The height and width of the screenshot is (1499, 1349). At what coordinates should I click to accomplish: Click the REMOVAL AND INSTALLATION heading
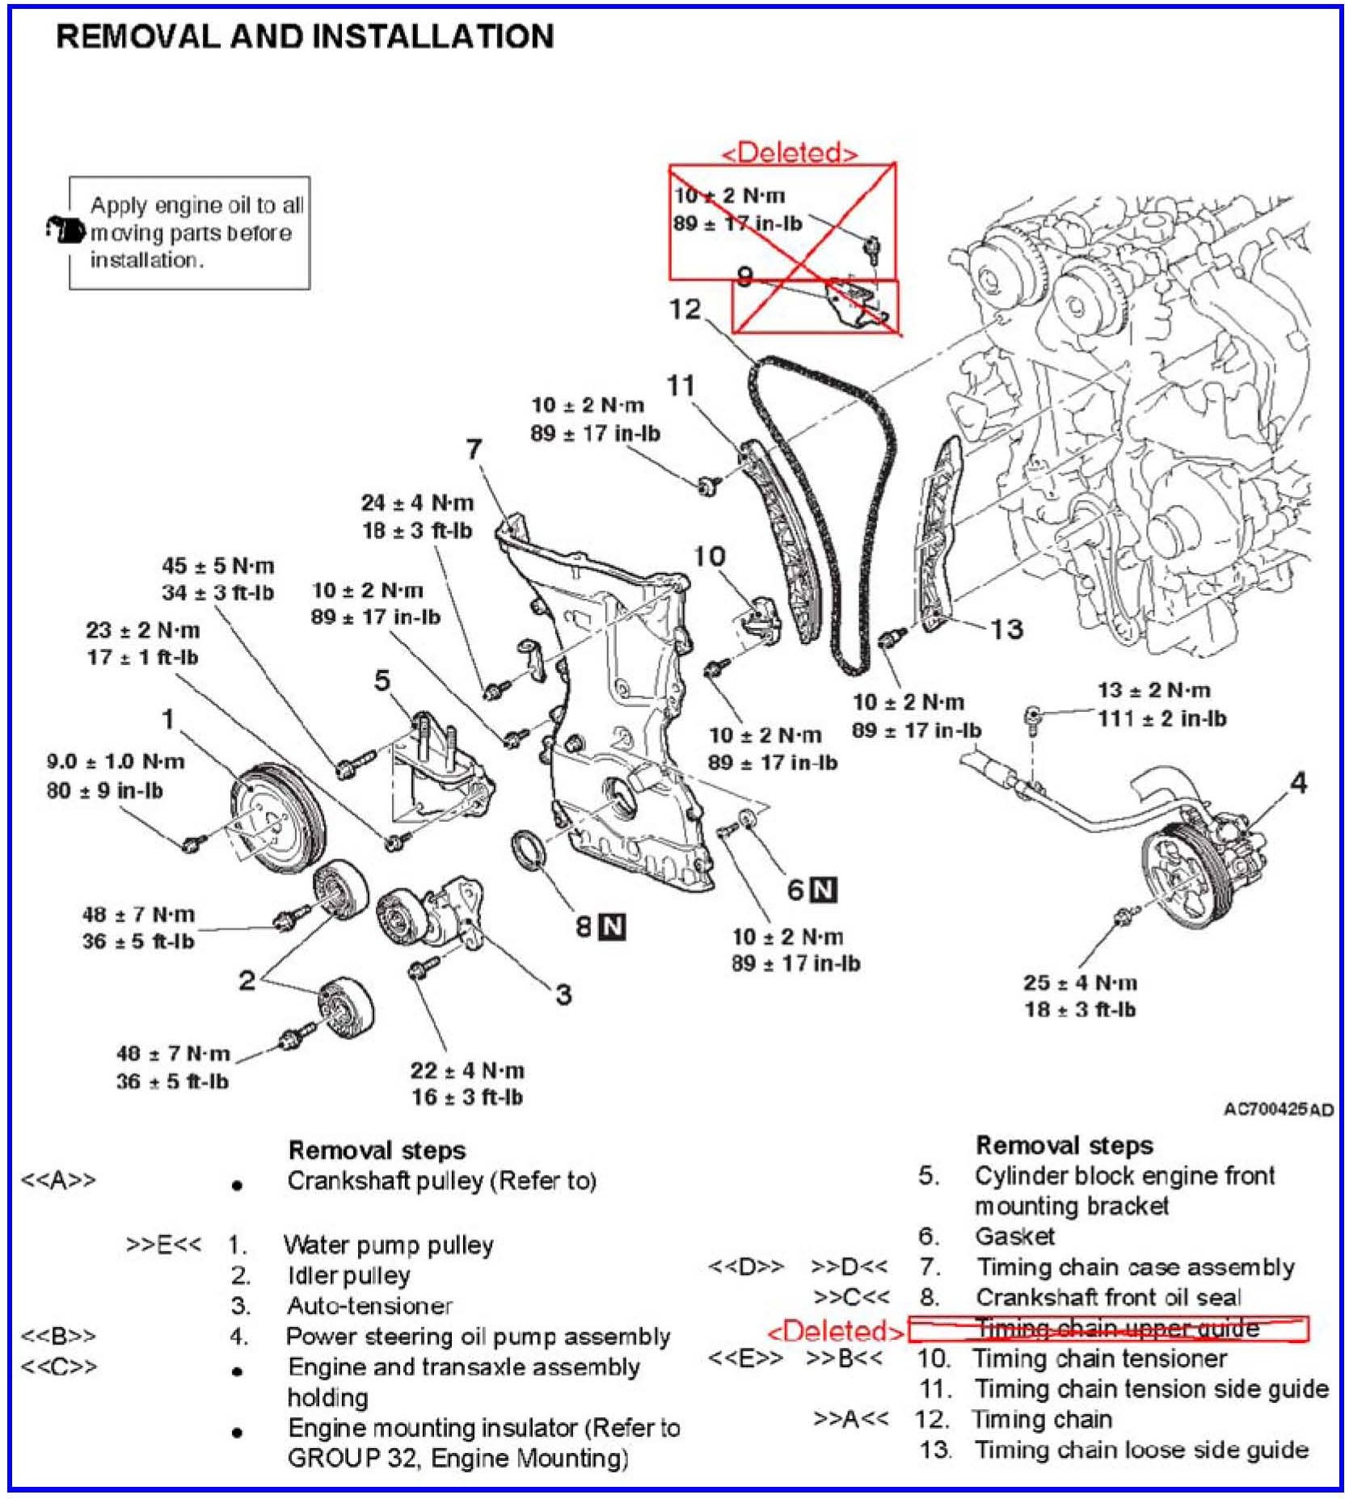click(305, 36)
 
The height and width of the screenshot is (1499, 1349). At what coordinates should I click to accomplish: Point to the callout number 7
click(474, 449)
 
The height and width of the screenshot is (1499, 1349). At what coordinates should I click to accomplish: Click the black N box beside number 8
click(612, 926)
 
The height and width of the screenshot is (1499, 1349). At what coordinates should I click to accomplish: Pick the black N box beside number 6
click(824, 890)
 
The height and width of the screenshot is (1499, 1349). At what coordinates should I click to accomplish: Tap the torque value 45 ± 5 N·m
click(218, 565)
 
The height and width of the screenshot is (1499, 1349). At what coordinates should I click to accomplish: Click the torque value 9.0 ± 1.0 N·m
click(116, 761)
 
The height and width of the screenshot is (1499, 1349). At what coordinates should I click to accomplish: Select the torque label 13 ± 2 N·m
click(1153, 690)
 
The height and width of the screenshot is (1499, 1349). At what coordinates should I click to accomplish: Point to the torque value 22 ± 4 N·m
click(467, 1070)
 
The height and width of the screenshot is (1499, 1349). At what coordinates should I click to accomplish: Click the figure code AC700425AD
click(1278, 1110)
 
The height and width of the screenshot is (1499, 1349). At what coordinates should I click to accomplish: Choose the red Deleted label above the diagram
click(789, 153)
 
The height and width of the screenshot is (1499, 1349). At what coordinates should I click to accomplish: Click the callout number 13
click(1007, 629)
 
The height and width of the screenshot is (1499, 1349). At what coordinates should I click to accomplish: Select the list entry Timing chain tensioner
click(1100, 1358)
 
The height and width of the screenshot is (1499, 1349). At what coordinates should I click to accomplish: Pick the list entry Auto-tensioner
click(369, 1306)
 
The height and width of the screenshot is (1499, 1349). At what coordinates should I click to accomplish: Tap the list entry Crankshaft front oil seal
click(1107, 1297)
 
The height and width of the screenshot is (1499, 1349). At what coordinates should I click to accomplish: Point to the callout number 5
click(382, 680)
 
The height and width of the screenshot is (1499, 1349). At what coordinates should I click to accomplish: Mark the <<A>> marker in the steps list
click(58, 1180)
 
